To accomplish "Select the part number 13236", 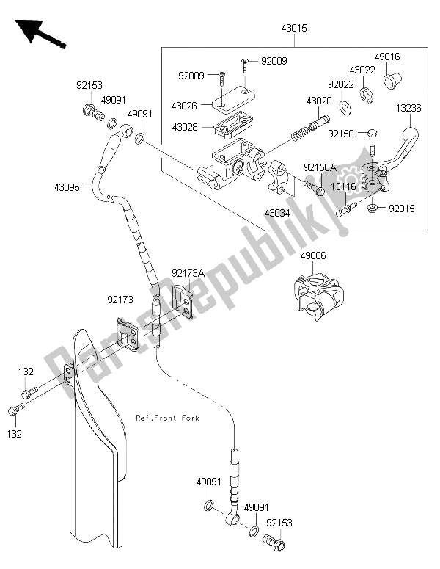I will click(409, 107).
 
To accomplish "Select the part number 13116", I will click(343, 186).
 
